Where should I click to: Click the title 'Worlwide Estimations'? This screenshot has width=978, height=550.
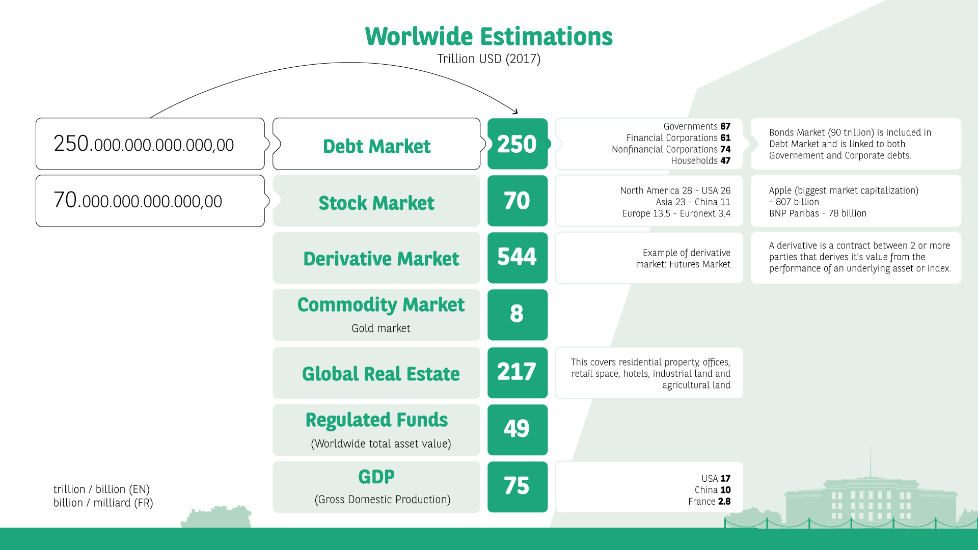click(489, 37)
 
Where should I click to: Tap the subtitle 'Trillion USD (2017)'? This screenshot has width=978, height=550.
click(489, 59)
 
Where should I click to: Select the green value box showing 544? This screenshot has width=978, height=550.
click(518, 258)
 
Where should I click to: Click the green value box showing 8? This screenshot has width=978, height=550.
click(518, 315)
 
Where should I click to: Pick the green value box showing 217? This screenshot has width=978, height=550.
click(518, 373)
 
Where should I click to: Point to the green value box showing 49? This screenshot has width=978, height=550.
click(518, 430)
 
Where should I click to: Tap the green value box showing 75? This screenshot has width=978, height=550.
click(518, 487)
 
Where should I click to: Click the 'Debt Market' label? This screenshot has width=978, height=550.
click(377, 147)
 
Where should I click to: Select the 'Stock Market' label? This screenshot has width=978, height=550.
click(376, 203)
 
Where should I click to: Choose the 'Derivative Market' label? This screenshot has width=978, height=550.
click(381, 259)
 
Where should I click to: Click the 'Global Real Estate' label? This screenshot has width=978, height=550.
click(381, 374)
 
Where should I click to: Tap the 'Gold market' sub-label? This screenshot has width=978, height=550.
click(381, 328)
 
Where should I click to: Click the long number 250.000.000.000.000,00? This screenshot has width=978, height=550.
click(144, 144)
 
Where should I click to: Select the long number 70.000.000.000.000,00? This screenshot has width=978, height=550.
click(138, 201)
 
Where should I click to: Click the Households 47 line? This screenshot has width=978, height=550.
click(701, 161)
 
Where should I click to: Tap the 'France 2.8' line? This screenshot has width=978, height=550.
click(710, 502)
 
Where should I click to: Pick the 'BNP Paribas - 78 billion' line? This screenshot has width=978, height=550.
click(818, 213)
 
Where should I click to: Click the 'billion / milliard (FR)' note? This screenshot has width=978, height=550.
click(103, 503)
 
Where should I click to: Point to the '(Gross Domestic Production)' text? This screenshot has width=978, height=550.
click(383, 500)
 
